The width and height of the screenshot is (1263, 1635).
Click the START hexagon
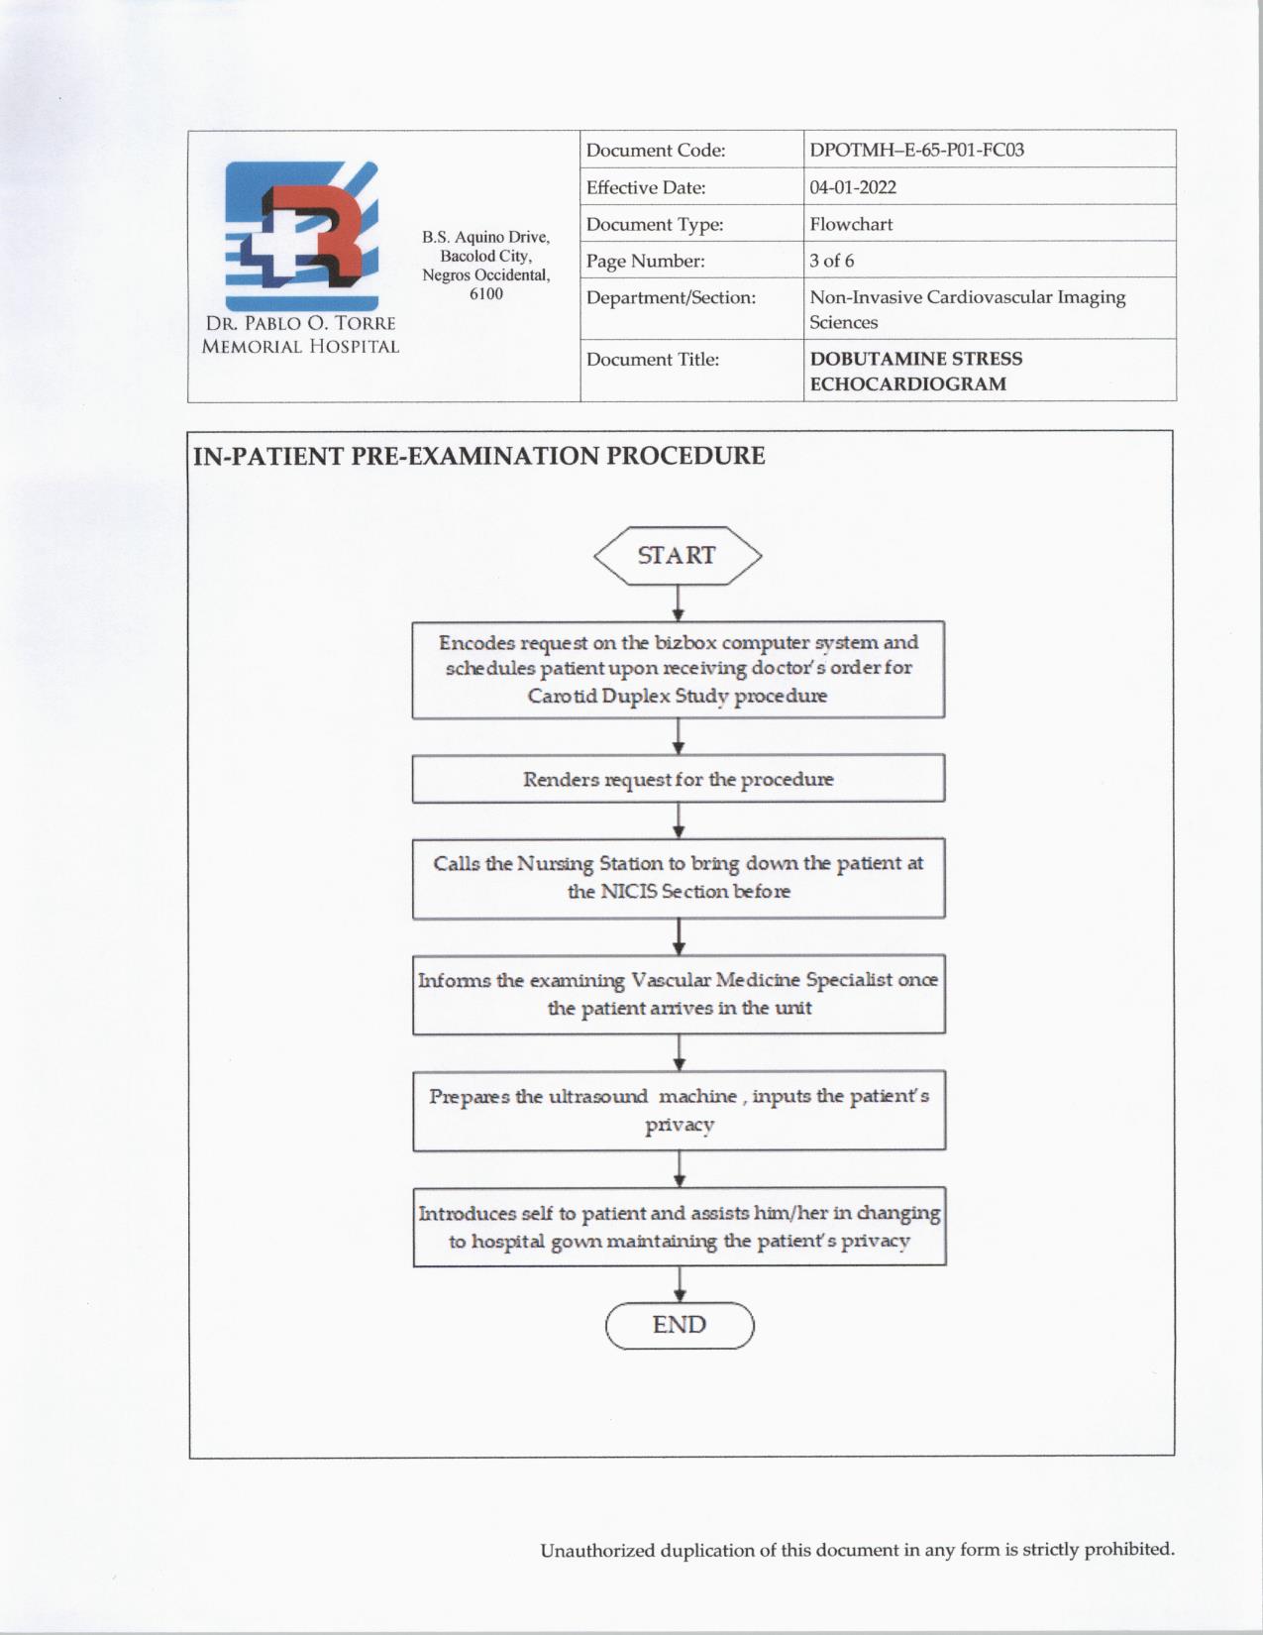[678, 556]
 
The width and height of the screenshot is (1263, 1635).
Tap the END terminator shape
[680, 1326]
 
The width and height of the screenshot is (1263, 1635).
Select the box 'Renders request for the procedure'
[679, 779]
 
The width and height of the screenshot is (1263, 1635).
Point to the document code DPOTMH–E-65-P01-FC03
[916, 151]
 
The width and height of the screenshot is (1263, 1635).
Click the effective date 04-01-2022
[853, 187]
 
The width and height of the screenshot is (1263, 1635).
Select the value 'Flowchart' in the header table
[851, 224]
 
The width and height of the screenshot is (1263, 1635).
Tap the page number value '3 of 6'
[832, 261]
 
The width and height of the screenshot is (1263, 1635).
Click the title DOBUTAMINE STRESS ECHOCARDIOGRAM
[916, 372]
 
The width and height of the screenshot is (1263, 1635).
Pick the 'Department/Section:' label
[671, 297]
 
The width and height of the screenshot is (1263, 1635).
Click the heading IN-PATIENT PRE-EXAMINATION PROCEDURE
[478, 457]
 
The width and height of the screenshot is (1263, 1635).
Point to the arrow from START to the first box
[678, 602]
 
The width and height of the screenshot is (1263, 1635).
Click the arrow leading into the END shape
[680, 1283]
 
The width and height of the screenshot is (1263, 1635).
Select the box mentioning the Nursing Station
[679, 878]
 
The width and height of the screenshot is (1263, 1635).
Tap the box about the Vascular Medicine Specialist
[679, 994]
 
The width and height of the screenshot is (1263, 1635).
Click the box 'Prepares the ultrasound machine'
[679, 1110]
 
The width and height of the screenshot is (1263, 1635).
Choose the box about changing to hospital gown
[680, 1227]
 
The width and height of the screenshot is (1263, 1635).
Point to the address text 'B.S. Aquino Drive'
[485, 238]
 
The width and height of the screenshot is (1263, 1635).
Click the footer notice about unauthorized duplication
[857, 1550]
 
